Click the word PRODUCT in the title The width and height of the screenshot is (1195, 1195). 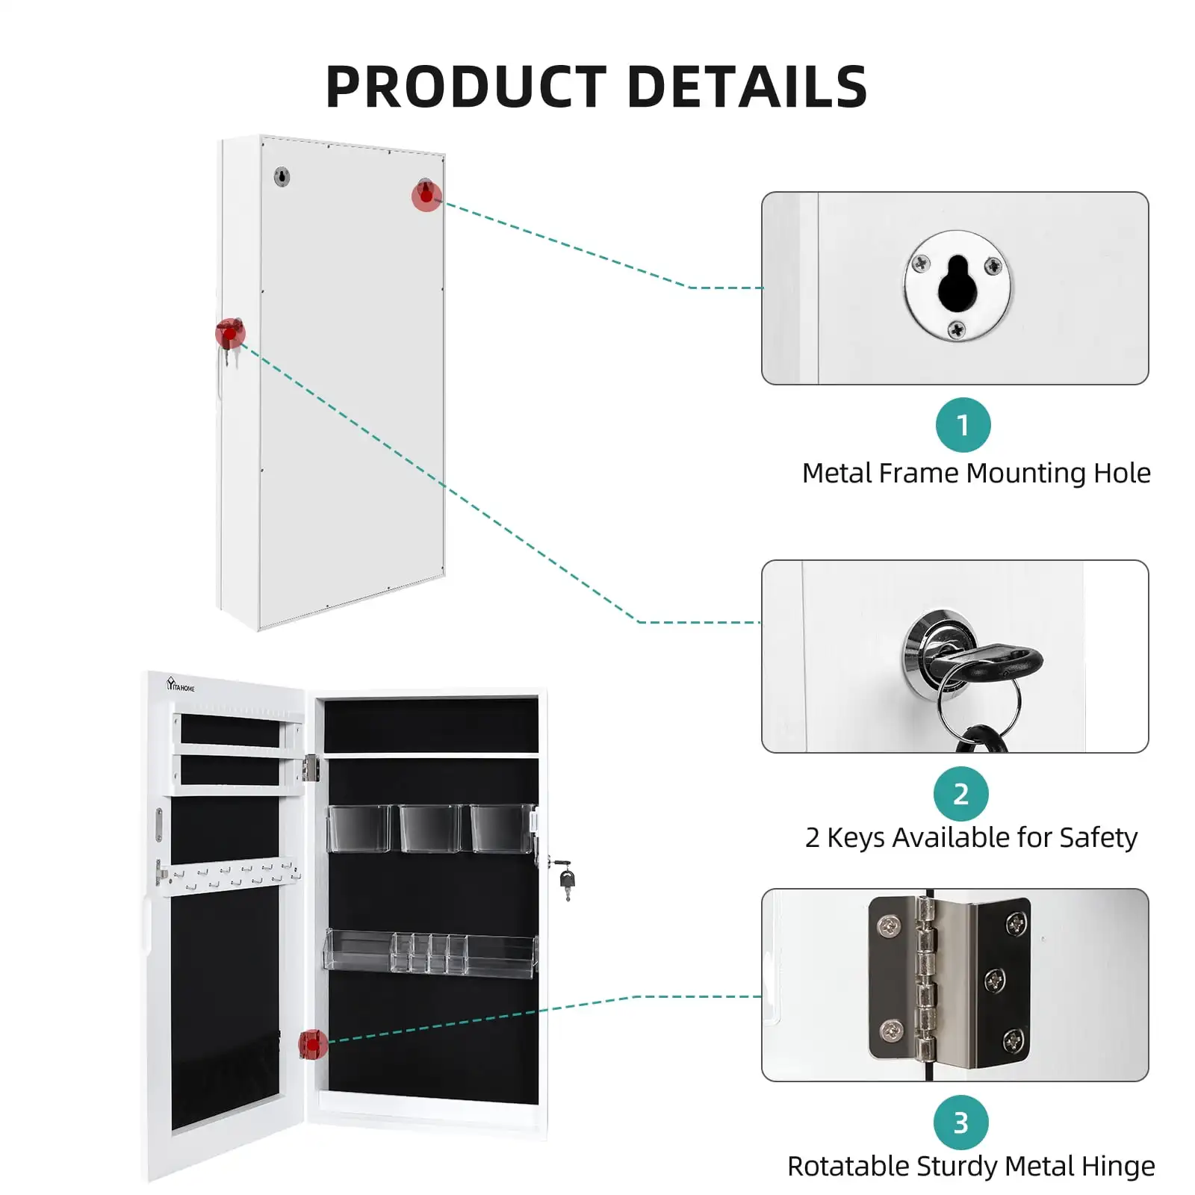pyautogui.click(x=466, y=87)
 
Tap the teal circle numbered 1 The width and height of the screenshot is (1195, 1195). pyautogui.click(x=963, y=425)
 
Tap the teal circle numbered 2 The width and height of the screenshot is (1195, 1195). pyautogui.click(x=961, y=793)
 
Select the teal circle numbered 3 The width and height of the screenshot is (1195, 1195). pyautogui.click(x=961, y=1123)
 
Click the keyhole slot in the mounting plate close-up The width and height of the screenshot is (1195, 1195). pyautogui.click(x=957, y=283)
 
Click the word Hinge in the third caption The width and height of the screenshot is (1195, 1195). pyautogui.click(x=1120, y=1166)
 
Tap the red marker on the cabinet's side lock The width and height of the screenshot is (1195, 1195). pyautogui.click(x=230, y=332)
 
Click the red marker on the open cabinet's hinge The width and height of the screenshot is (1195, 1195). pyautogui.click(x=313, y=1044)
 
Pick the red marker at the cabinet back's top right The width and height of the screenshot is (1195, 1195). pyautogui.click(x=426, y=196)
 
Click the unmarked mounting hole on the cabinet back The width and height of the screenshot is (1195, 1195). pyautogui.click(x=282, y=177)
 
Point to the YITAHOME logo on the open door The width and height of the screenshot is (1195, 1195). pyautogui.click(x=181, y=684)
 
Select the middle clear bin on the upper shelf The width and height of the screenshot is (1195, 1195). pyautogui.click(x=429, y=828)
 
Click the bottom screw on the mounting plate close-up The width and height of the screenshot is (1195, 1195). pyautogui.click(x=957, y=328)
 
